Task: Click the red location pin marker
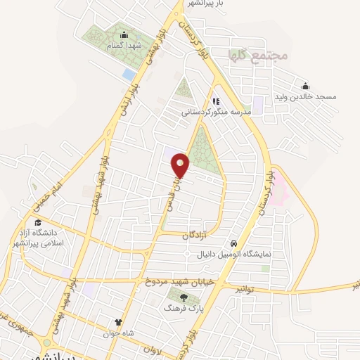click(x=181, y=165)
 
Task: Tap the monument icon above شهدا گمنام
click(x=124, y=36)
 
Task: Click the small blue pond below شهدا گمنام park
click(x=129, y=73)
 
